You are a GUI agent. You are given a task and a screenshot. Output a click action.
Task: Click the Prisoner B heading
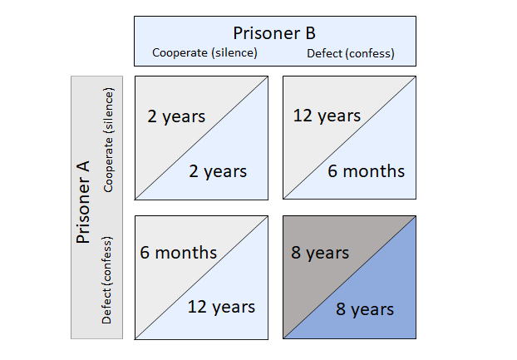pyautogui.click(x=274, y=33)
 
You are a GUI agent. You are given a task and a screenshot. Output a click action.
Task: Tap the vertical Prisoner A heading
pyautogui.click(x=83, y=202)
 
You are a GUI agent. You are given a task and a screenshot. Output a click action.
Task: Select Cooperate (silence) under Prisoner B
pyautogui.click(x=204, y=52)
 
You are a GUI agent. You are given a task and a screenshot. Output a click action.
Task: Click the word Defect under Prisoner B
pyautogui.click(x=324, y=53)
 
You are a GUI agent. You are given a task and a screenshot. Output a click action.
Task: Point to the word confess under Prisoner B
pyautogui.click(x=370, y=53)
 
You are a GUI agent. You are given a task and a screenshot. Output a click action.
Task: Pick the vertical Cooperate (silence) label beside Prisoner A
pyautogui.click(x=108, y=140)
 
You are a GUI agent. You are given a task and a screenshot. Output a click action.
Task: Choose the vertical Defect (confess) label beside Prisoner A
pyautogui.click(x=107, y=280)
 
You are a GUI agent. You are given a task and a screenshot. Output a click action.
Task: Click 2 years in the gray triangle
pyautogui.click(x=176, y=116)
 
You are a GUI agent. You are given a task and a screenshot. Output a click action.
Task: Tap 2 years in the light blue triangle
pyautogui.click(x=218, y=171)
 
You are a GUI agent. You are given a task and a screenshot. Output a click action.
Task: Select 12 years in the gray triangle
pyautogui.click(x=327, y=116)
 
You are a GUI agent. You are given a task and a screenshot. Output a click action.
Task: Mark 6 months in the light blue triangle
pyautogui.click(x=366, y=171)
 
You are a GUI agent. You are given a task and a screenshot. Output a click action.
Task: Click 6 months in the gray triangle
pyautogui.click(x=179, y=253)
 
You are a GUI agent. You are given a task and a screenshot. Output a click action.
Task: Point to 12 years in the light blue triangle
pyautogui.click(x=221, y=307)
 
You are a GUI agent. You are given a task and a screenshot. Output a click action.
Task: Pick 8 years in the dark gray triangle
pyautogui.click(x=320, y=253)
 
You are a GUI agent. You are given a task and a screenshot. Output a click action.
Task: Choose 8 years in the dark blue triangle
pyautogui.click(x=365, y=309)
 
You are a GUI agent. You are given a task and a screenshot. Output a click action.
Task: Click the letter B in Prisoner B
pyautogui.click(x=310, y=33)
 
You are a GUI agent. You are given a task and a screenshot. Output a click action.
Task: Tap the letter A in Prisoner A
pyautogui.click(x=84, y=167)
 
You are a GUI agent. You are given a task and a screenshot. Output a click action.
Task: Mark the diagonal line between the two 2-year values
pyautogui.click(x=201, y=138)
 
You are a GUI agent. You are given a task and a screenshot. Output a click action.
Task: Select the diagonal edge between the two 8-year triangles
pyautogui.click(x=349, y=278)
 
